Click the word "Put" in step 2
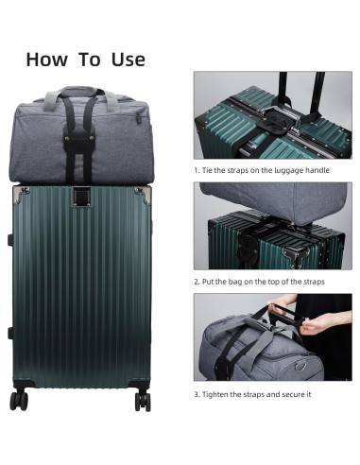click(x=210, y=282)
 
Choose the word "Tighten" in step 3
click(x=217, y=393)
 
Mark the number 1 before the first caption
click(x=196, y=170)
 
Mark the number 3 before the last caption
click(x=196, y=393)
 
